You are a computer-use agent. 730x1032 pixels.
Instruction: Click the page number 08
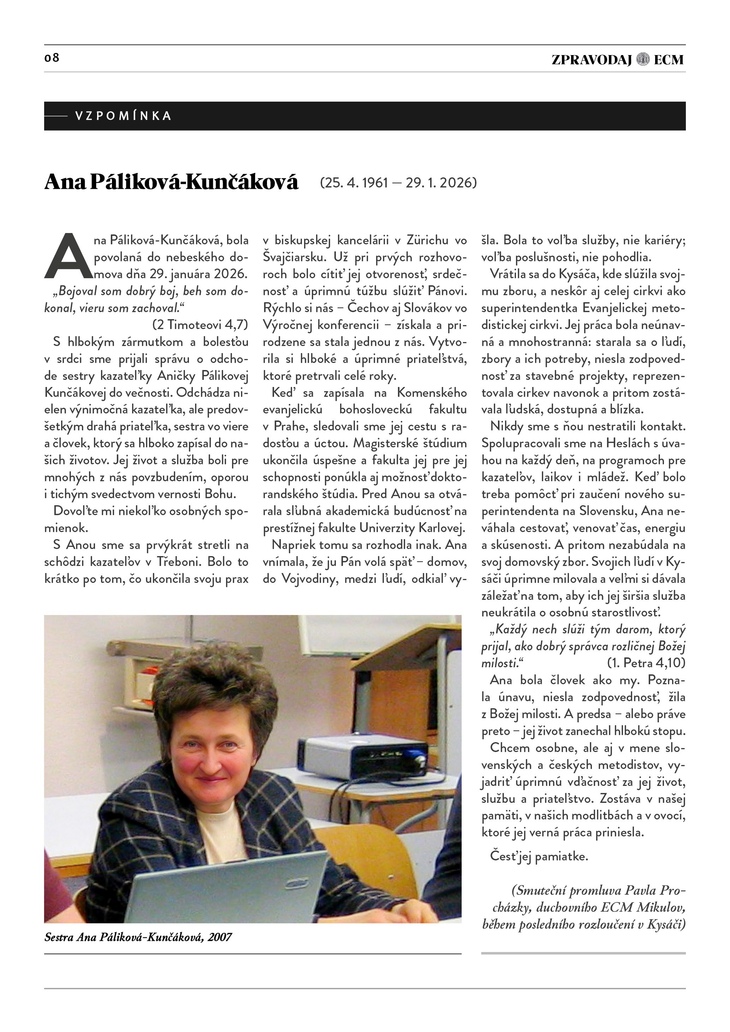click(52, 58)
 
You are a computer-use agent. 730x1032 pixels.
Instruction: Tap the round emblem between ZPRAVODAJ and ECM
click(643, 59)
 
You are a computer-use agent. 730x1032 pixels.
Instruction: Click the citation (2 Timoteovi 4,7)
click(200, 324)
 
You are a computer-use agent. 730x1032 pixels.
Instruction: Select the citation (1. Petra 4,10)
click(646, 663)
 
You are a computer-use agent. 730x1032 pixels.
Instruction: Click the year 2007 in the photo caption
click(219, 937)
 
